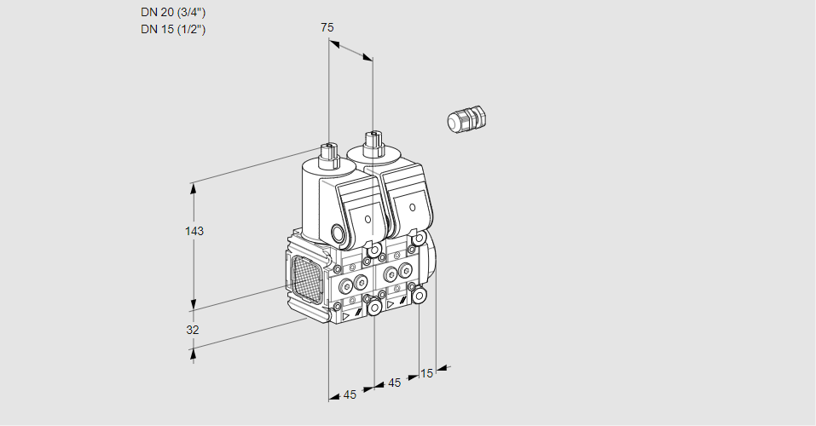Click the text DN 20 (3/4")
173,12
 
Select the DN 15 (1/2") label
173,29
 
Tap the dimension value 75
327,27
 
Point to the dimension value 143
196,231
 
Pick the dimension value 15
427,372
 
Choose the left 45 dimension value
350,394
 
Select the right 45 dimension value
394,383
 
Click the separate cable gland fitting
466,119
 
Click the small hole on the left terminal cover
368,219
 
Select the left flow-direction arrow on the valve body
347,315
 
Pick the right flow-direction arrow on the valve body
391,303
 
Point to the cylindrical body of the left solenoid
315,200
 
